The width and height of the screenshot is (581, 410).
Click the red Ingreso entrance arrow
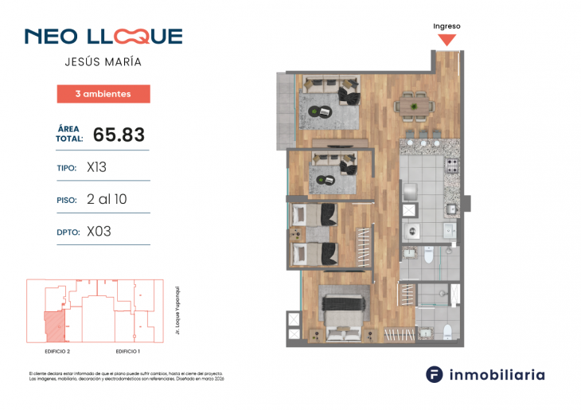(x=447, y=39)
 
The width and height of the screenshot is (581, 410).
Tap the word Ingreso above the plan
(x=446, y=25)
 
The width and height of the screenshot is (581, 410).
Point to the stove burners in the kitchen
(x=451, y=167)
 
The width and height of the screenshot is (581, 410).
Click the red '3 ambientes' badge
(x=103, y=94)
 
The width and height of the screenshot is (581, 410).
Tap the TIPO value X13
(x=96, y=169)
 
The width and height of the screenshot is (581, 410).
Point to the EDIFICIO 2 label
(x=57, y=350)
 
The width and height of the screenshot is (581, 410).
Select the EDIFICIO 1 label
(x=127, y=350)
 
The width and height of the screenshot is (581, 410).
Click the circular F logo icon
(x=434, y=374)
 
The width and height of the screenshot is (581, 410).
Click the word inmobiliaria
(x=497, y=374)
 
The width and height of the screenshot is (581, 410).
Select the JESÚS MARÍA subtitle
(x=103, y=62)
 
